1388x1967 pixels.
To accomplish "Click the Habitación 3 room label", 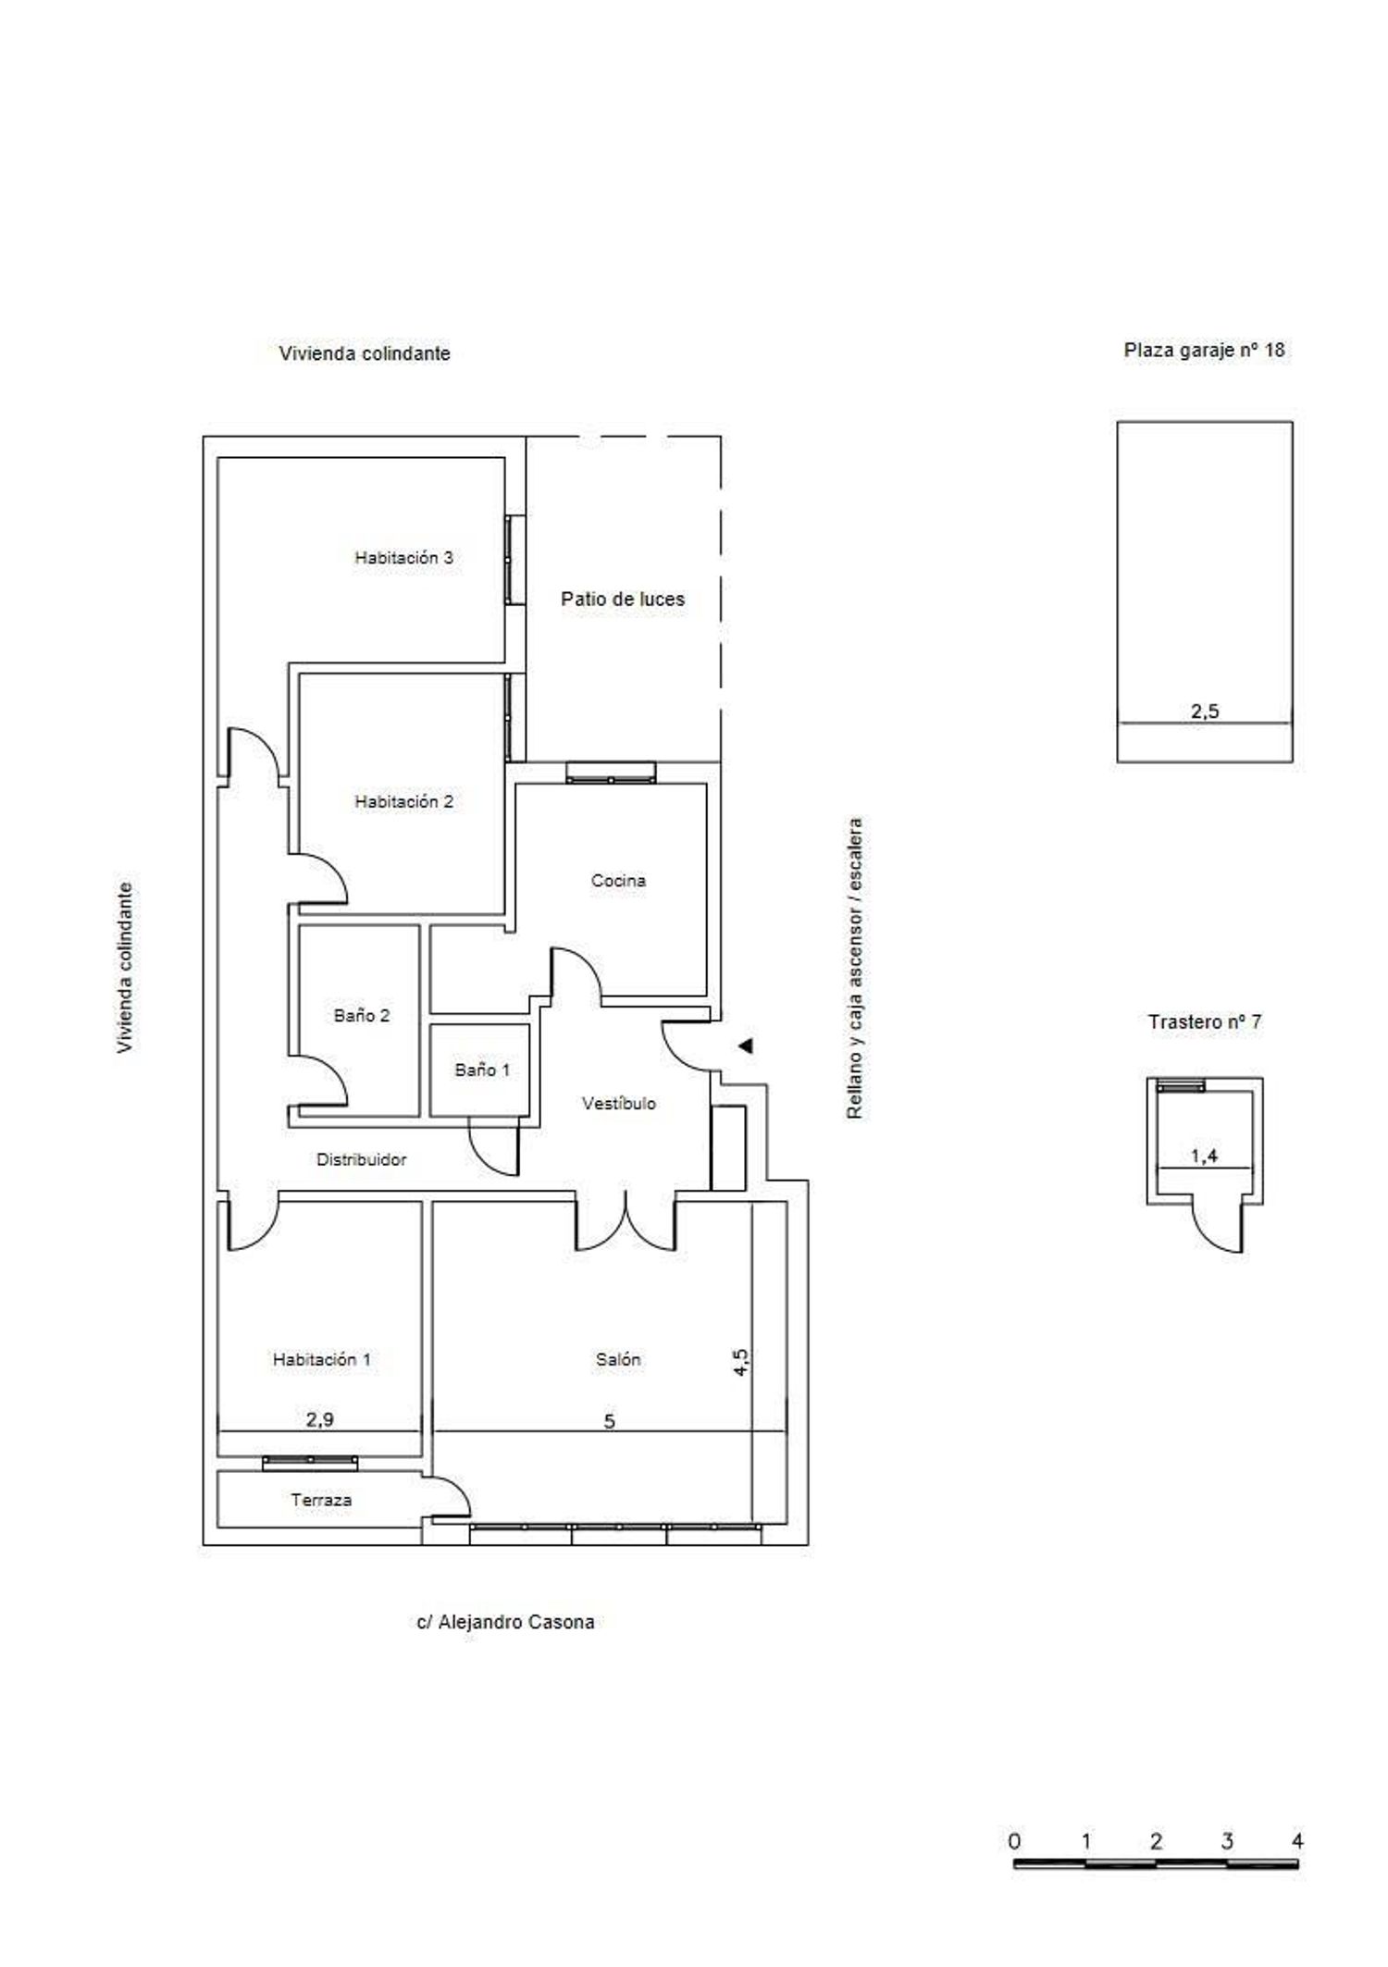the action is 404,558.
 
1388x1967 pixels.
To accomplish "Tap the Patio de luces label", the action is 623,600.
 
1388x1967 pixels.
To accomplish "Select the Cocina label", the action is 618,881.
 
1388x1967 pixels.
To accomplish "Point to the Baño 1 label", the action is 482,1070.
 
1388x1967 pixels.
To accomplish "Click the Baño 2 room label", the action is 362,1016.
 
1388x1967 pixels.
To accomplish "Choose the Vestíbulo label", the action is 619,1104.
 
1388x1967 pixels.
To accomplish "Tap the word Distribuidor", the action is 362,1159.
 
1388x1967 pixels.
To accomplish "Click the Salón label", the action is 618,1360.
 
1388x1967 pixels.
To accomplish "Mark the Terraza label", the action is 321,1501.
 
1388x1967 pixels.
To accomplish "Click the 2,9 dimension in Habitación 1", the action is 320,1419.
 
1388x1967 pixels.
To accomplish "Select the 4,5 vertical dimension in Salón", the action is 742,1363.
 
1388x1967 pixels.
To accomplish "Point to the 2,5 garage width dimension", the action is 1205,711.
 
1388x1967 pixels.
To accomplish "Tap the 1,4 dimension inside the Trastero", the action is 1204,1156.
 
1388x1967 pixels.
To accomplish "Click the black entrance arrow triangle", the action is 746,1046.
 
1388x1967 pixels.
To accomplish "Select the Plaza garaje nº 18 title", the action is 1205,351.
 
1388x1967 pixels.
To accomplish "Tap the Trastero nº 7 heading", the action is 1205,1022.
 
